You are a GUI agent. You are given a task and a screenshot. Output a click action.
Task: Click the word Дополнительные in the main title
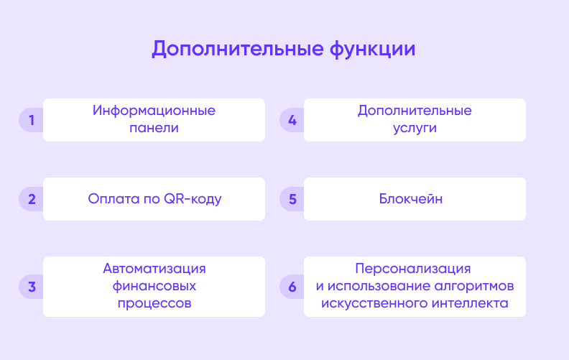point(237,49)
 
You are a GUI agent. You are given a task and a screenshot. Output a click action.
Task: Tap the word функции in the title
point(372,49)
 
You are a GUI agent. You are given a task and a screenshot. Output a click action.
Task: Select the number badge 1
point(31,120)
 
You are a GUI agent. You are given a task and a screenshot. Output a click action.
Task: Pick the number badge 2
point(31,199)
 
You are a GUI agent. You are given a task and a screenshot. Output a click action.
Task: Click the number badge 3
point(31,287)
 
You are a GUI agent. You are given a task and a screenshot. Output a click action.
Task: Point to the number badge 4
point(292,120)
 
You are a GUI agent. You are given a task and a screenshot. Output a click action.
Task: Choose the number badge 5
point(292,199)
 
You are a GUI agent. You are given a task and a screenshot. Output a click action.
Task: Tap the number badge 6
point(292,287)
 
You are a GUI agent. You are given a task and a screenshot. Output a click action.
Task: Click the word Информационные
point(154,111)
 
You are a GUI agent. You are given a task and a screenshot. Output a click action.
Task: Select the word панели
point(154,128)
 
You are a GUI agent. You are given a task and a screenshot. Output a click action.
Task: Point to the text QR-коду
point(193,199)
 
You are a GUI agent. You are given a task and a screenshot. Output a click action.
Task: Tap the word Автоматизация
point(154,269)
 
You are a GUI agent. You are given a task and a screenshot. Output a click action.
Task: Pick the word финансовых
point(154,286)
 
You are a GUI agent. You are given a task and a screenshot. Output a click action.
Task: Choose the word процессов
point(154,303)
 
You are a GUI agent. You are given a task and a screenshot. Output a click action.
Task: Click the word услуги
point(415,129)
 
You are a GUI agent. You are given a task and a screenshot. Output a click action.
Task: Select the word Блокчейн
point(411,199)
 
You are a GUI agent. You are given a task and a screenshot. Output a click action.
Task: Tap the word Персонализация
point(413,269)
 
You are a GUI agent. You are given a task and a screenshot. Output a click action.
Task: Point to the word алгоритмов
point(474,286)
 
